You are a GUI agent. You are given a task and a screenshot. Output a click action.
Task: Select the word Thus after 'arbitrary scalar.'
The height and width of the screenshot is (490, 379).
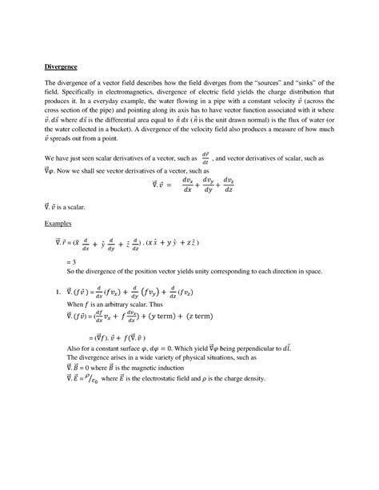point(172,317)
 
